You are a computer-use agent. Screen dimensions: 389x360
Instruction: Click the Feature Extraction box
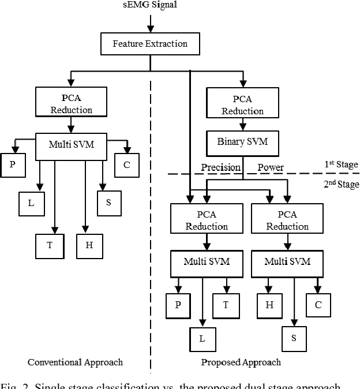click(150, 44)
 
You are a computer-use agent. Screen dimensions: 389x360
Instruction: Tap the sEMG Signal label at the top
click(150, 6)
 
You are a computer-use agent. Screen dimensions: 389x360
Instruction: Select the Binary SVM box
click(243, 141)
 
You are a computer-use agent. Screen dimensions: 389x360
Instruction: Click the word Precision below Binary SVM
click(220, 167)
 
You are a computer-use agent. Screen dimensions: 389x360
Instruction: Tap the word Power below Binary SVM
click(271, 167)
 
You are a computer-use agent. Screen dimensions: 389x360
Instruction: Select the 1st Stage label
click(341, 164)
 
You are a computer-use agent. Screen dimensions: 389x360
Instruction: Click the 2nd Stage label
click(341, 184)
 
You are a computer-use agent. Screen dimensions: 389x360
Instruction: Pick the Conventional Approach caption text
click(76, 362)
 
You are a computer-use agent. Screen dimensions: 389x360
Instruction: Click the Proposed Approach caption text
click(241, 362)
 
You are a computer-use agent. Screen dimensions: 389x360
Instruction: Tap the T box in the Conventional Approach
click(50, 245)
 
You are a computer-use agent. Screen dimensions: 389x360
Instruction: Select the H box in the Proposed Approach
click(269, 305)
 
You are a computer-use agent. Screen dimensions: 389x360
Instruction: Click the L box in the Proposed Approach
click(202, 339)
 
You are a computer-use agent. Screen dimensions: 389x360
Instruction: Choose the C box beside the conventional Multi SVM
click(126, 164)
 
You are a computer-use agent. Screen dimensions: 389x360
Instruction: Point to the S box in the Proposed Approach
click(294, 338)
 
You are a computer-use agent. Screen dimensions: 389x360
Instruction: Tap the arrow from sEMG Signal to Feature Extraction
click(151, 23)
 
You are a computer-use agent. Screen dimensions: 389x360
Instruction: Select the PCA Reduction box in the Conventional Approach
click(71, 104)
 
